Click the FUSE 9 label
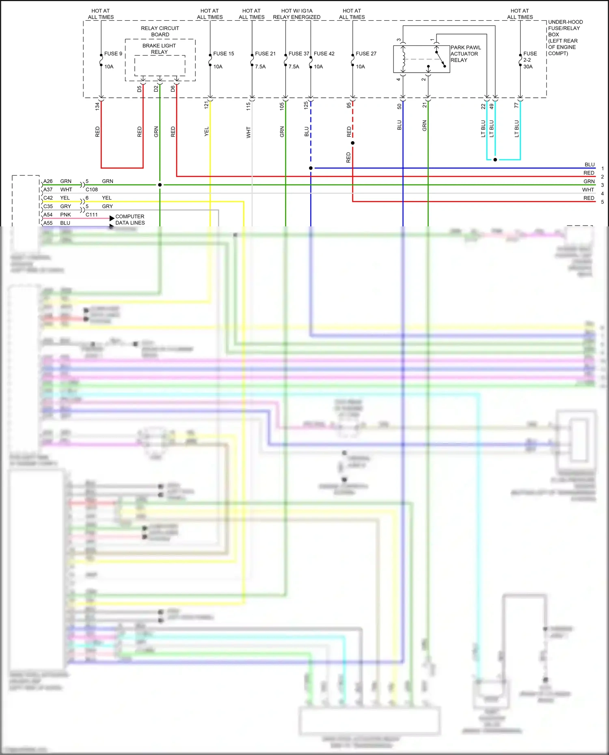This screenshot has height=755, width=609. (113, 54)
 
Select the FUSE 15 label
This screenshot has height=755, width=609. (223, 54)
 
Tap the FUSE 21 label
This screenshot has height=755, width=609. (265, 54)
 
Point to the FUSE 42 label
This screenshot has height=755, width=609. (324, 54)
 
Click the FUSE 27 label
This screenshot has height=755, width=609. (366, 54)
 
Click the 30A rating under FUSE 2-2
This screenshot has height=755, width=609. (528, 67)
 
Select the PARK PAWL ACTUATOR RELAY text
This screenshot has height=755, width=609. (465, 54)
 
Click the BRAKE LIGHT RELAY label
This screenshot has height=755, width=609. (159, 49)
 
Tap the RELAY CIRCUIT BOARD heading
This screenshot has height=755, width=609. (160, 31)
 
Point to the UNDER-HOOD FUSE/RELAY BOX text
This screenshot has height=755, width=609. (565, 37)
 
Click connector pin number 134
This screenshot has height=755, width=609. (97, 106)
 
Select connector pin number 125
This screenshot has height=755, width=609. (306, 105)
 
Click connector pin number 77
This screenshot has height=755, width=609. (516, 105)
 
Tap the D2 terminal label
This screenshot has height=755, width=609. (156, 88)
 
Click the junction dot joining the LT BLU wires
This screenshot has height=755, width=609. (495, 159)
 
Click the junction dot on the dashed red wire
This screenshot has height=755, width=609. (352, 143)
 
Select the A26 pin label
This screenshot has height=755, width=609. (48, 181)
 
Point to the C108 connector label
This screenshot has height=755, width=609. (91, 189)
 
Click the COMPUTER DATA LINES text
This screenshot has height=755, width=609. (130, 219)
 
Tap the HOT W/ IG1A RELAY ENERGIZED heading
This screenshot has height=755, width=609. (297, 14)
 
